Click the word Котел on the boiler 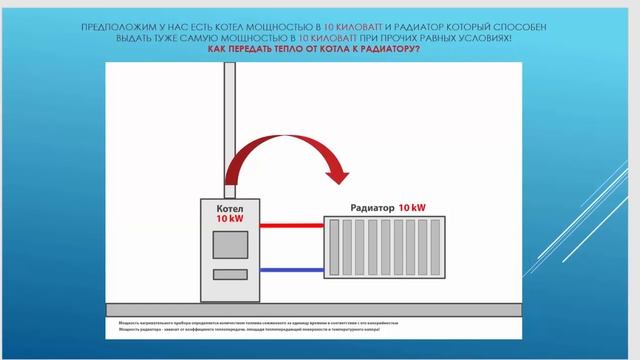pos(230,206)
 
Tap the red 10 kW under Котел pos(230,217)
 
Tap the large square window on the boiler pos(231,245)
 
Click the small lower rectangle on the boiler pos(231,274)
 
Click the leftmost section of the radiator pos(333,247)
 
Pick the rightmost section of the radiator pos(437,247)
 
